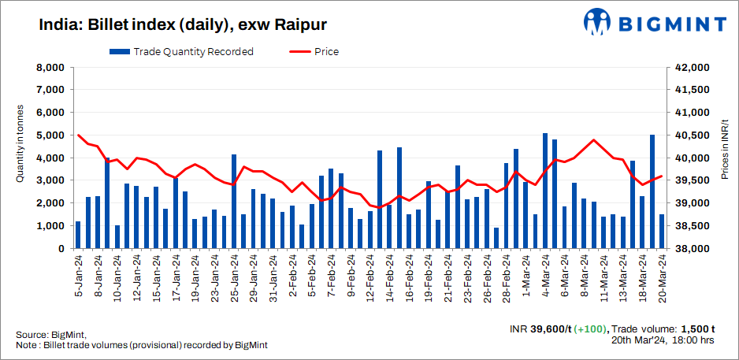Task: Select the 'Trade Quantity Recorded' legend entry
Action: click(x=182, y=52)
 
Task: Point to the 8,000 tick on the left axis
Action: click(x=48, y=68)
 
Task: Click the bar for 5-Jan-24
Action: click(x=78, y=235)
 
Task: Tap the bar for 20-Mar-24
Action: click(x=662, y=232)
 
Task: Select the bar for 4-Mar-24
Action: click(x=545, y=191)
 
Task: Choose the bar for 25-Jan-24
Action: click(x=234, y=202)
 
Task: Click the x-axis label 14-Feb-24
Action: click(x=390, y=277)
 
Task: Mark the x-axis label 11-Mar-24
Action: click(x=603, y=277)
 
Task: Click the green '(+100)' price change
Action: click(x=589, y=328)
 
